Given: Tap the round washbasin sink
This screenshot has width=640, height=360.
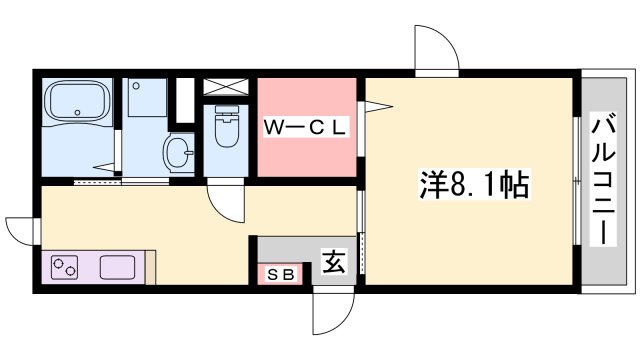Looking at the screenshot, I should click(x=179, y=154).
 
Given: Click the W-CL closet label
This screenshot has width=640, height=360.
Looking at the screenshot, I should click(x=305, y=127).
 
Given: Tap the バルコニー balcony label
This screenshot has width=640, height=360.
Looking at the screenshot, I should click(x=603, y=180).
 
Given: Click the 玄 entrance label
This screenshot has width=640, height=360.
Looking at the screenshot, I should click(x=333, y=262).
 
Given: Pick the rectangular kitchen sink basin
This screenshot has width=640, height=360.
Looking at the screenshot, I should click(x=117, y=268).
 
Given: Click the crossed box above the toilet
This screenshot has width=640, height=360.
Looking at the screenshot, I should click(x=227, y=87).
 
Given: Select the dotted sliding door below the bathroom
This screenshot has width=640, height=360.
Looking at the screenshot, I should click(x=98, y=183).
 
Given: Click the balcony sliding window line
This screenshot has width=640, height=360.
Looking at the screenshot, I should click(x=577, y=180).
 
